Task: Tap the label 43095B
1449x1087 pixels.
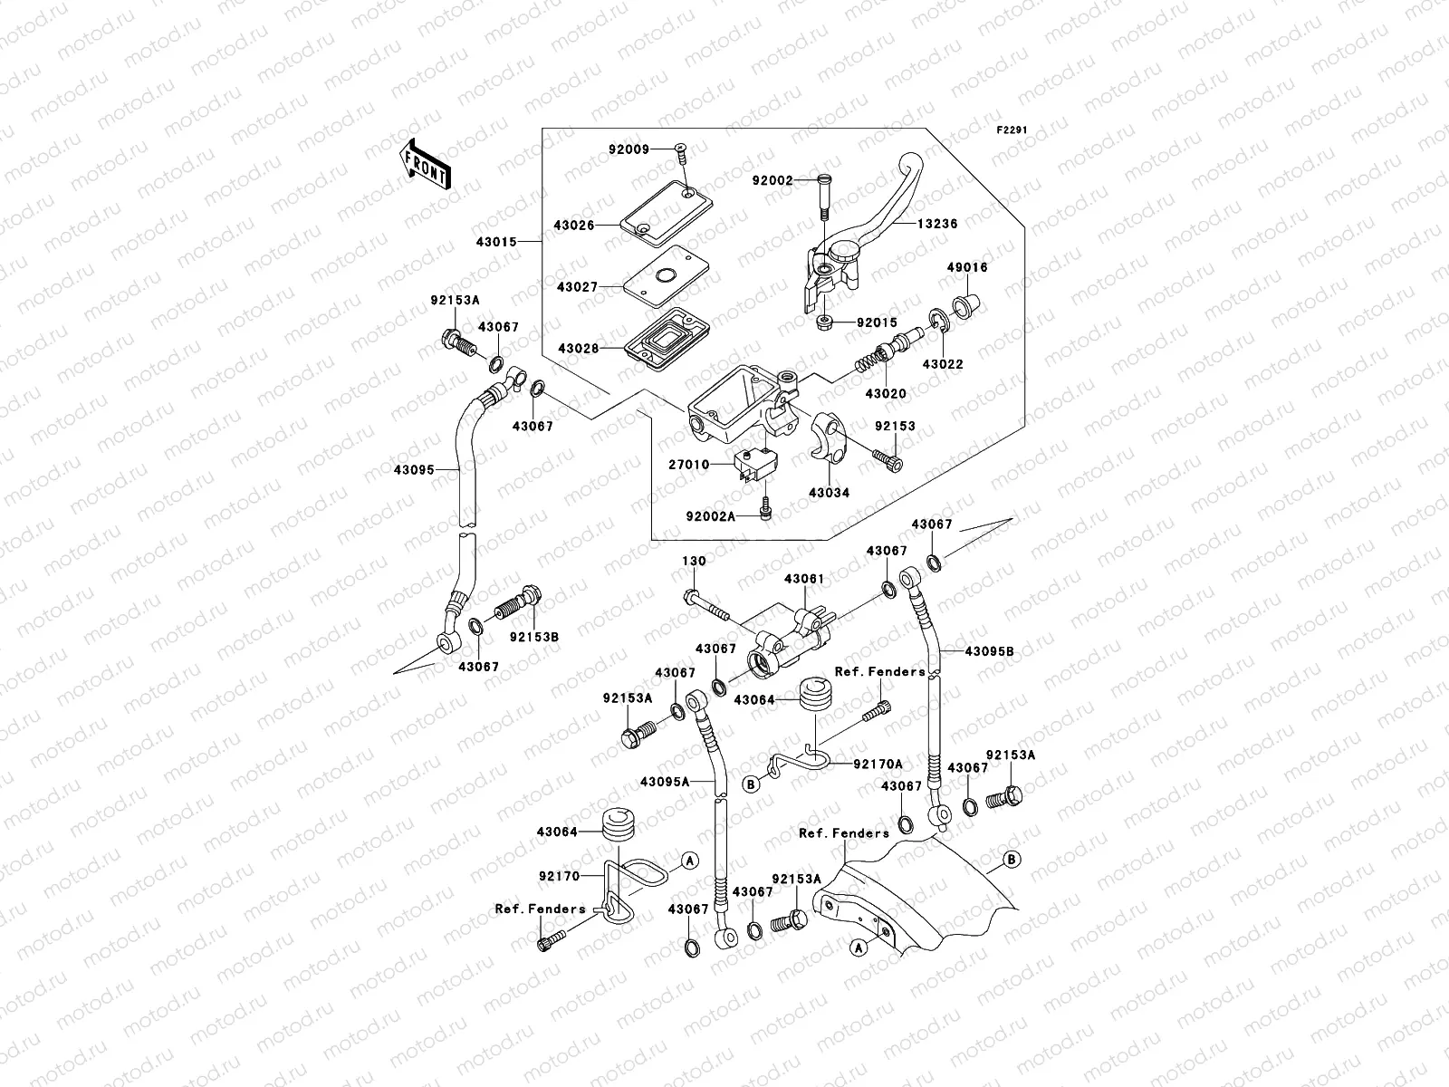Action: coord(989,651)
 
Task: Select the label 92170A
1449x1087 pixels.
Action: coord(878,765)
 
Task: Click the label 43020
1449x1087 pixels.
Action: coord(886,394)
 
